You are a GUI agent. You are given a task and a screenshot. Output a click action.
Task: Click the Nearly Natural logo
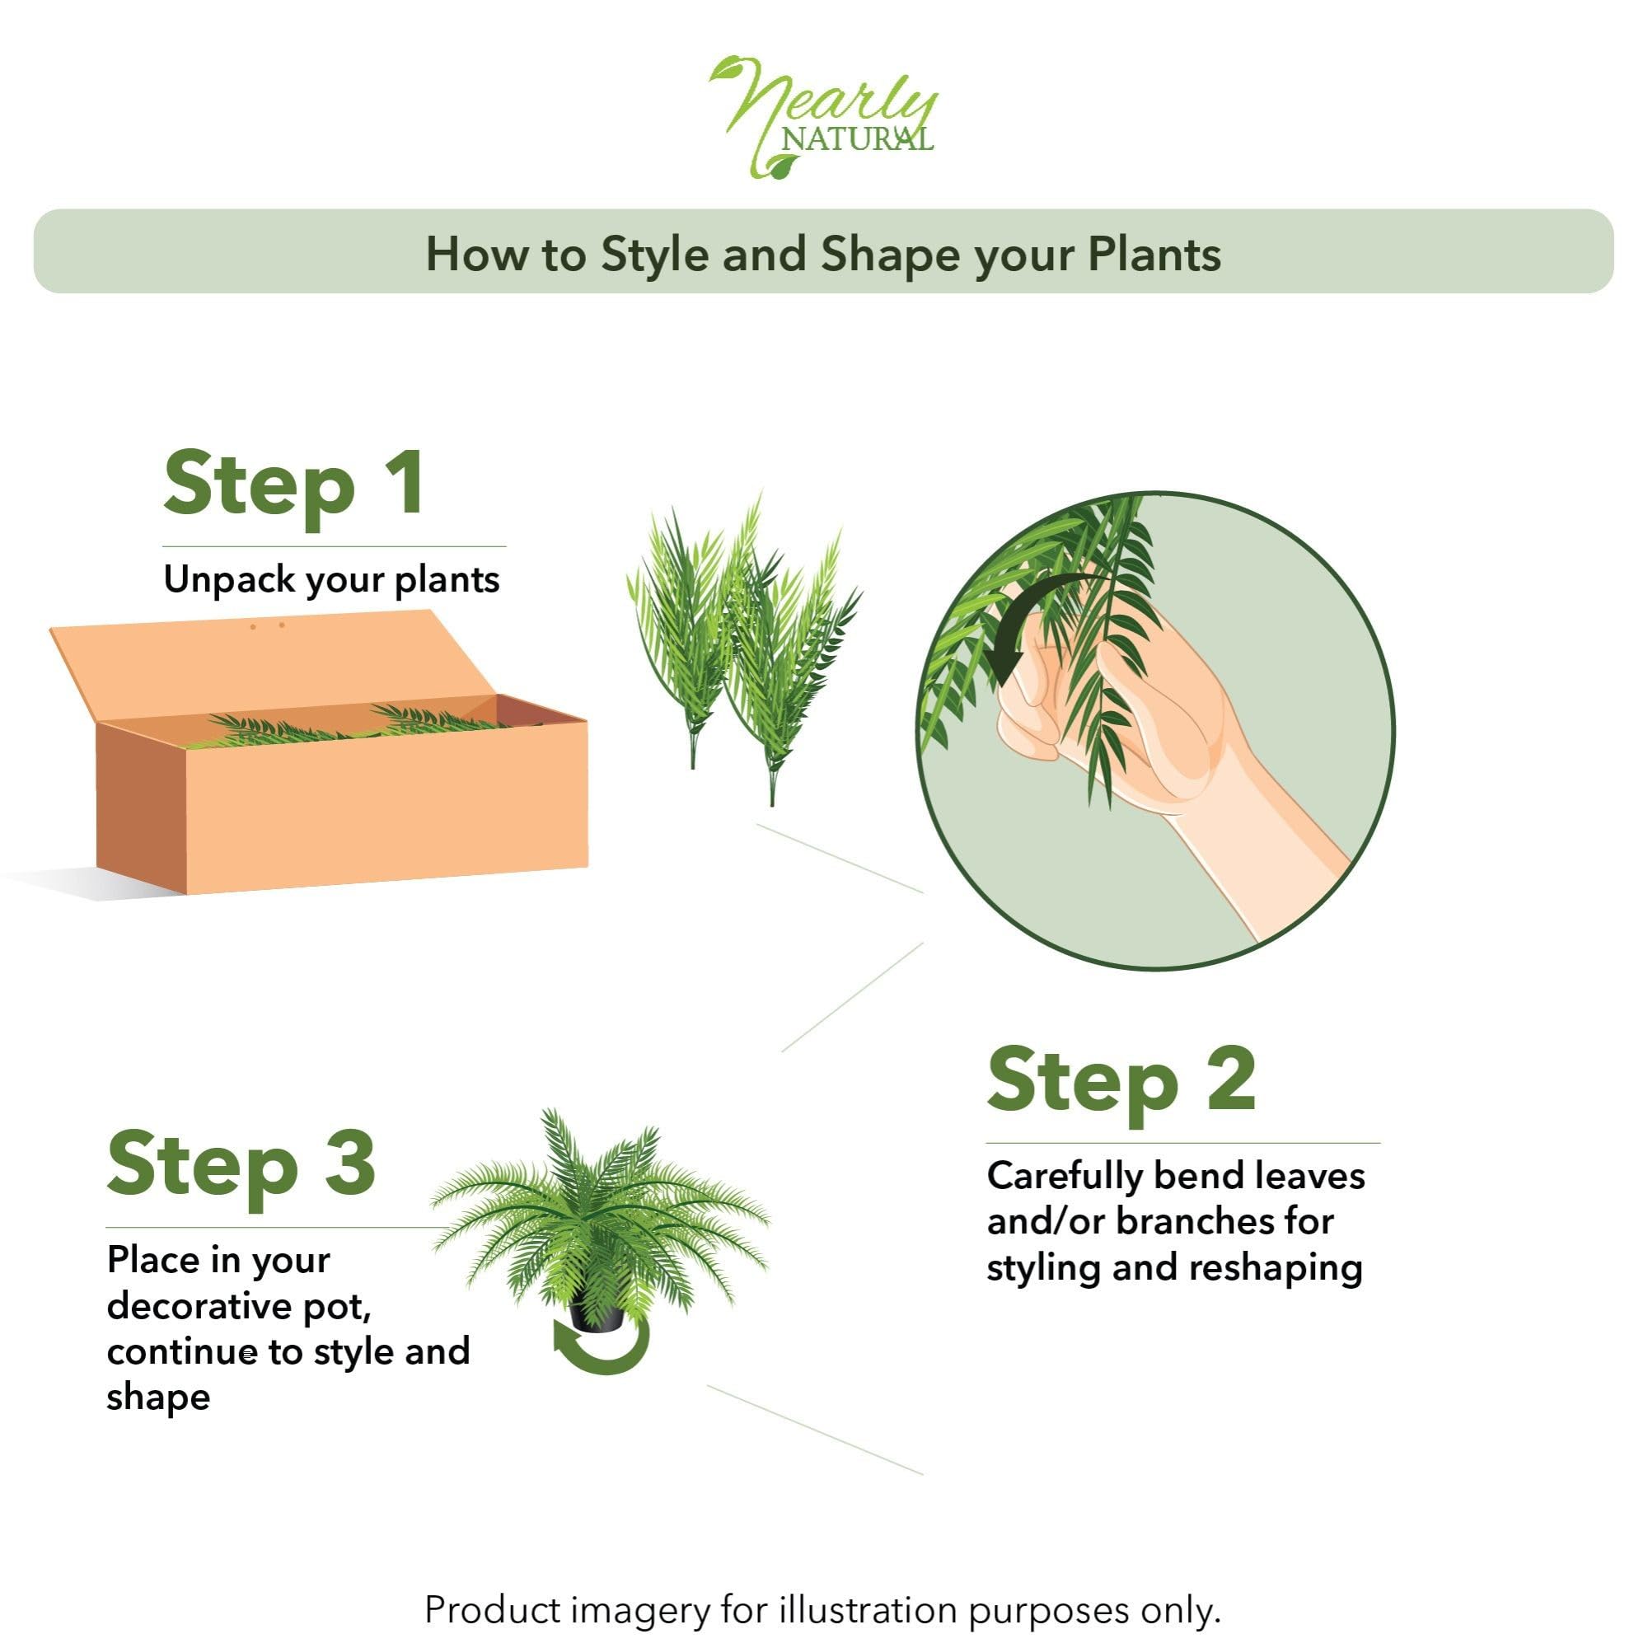click(824, 117)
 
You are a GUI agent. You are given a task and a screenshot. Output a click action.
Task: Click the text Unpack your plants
click(331, 580)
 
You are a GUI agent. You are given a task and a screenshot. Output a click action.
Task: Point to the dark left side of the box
click(141, 806)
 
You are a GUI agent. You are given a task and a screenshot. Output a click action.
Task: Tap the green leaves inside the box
click(358, 727)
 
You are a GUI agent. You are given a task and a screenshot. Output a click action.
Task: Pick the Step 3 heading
click(241, 1165)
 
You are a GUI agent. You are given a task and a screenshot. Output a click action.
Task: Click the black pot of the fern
click(597, 1314)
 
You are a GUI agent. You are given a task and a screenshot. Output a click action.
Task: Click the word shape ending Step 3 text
click(158, 1398)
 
